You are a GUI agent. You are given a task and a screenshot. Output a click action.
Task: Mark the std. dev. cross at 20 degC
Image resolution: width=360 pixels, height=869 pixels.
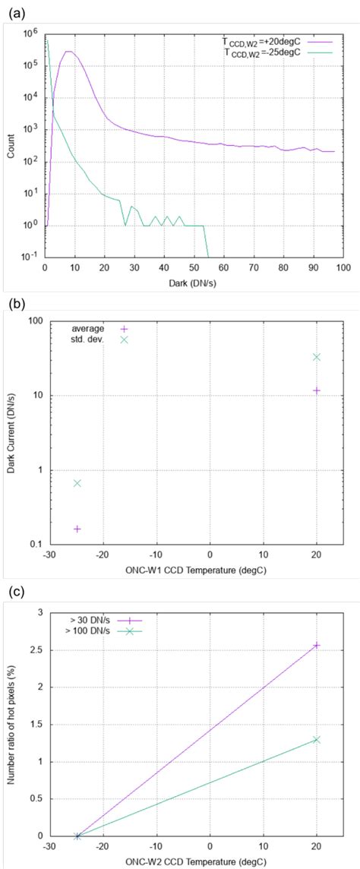[x=317, y=356]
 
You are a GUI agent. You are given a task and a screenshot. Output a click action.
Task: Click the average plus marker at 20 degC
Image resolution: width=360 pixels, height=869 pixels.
[x=317, y=390]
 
